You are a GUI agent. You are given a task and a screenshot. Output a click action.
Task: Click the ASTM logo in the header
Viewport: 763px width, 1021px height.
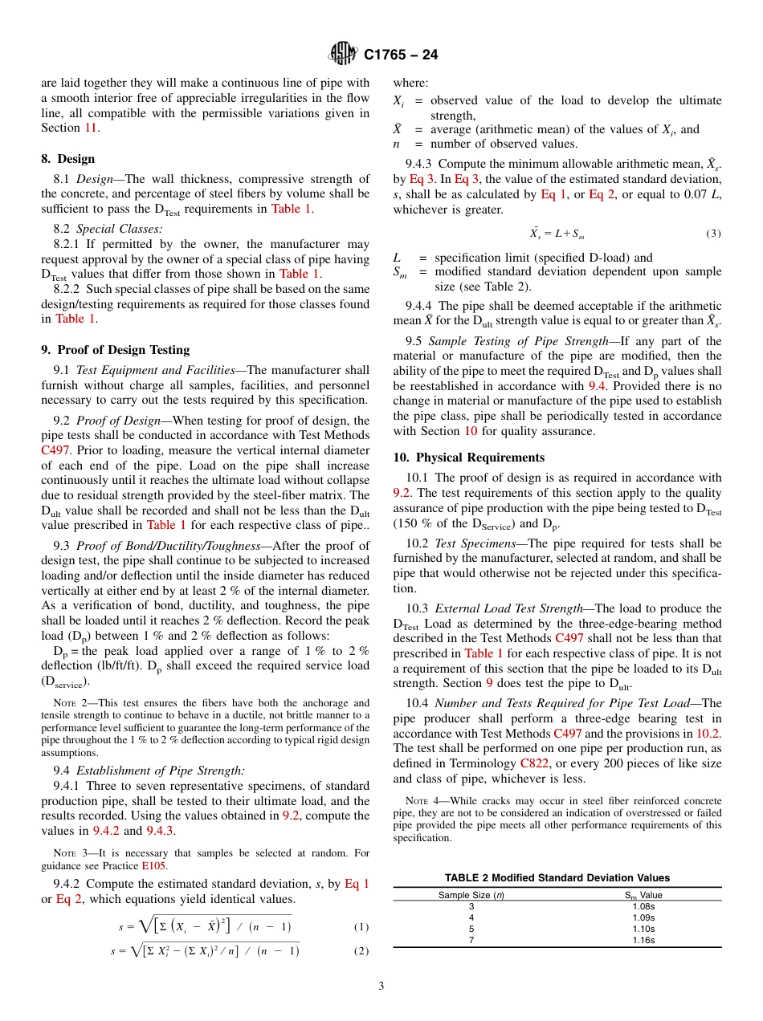pyautogui.click(x=343, y=54)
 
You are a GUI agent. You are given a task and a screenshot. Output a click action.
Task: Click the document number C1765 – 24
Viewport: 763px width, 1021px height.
pyautogui.click(x=401, y=55)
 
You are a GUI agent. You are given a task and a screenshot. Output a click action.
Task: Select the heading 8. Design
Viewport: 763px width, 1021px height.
pyautogui.click(x=68, y=159)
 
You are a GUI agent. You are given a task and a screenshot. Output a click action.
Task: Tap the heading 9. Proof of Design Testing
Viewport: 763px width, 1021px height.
pyautogui.click(x=116, y=350)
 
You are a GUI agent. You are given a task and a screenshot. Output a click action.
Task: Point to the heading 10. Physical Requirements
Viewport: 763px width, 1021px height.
pyautogui.click(x=468, y=458)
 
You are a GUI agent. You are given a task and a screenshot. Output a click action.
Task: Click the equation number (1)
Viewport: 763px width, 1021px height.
pyautogui.click(x=361, y=926)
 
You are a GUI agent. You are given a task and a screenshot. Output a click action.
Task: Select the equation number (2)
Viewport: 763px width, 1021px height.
pyautogui.click(x=361, y=951)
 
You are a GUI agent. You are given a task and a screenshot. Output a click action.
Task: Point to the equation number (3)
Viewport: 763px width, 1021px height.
pyautogui.click(x=713, y=234)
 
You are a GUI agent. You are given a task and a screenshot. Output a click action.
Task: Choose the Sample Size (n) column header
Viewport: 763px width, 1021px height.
pyautogui.click(x=471, y=895)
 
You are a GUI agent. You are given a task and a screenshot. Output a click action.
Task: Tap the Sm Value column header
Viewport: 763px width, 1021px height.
pyautogui.click(x=643, y=895)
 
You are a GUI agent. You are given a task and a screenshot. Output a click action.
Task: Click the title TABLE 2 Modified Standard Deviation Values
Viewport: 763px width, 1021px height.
pyautogui.click(x=557, y=878)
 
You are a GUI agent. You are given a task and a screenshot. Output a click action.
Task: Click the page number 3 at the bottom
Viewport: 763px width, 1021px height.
pyautogui.click(x=381, y=986)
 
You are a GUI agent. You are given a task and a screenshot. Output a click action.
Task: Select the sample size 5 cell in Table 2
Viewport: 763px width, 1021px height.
pyautogui.click(x=471, y=929)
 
